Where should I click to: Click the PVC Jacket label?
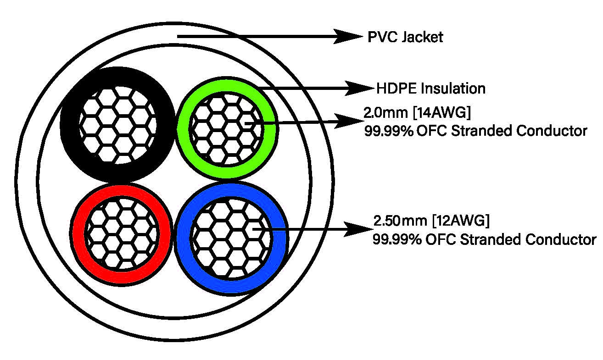(x=405, y=37)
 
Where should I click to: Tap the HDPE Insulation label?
(x=430, y=88)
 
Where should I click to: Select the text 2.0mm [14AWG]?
(x=405, y=113)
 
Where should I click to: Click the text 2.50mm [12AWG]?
(x=431, y=221)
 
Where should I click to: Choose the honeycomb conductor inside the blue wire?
(x=232, y=237)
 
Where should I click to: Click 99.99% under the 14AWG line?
(x=387, y=131)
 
